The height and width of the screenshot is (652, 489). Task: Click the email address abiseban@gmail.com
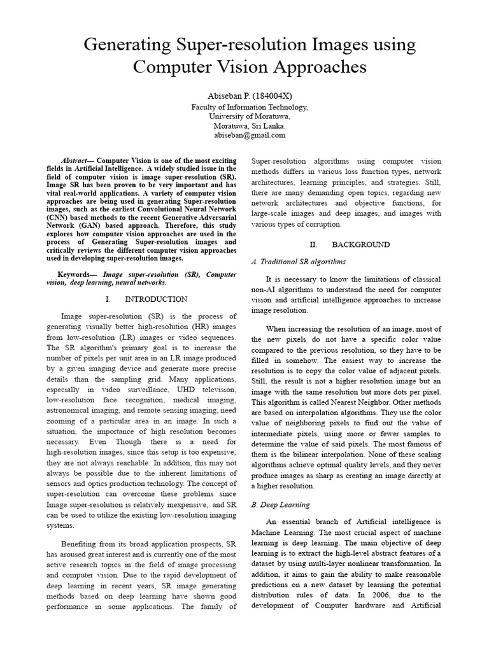click(244, 135)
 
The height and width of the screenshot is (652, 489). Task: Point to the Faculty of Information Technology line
click(244, 107)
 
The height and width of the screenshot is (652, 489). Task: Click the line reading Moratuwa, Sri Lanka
click(244, 125)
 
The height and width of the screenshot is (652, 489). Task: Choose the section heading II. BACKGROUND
click(350, 244)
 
